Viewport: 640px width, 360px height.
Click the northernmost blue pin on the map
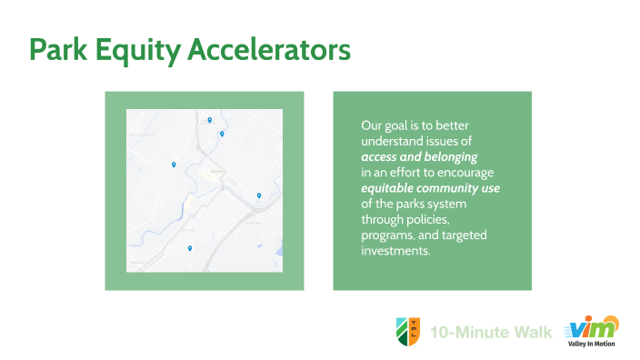(210, 119)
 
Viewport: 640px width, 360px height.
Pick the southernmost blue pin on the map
(190, 247)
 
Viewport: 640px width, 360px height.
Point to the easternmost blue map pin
(259, 195)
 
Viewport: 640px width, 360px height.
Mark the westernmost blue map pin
(173, 165)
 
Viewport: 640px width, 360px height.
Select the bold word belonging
(446, 156)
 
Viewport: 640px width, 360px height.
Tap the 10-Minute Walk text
(491, 332)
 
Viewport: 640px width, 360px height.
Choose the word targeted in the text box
(464, 235)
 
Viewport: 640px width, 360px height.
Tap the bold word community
(449, 188)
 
